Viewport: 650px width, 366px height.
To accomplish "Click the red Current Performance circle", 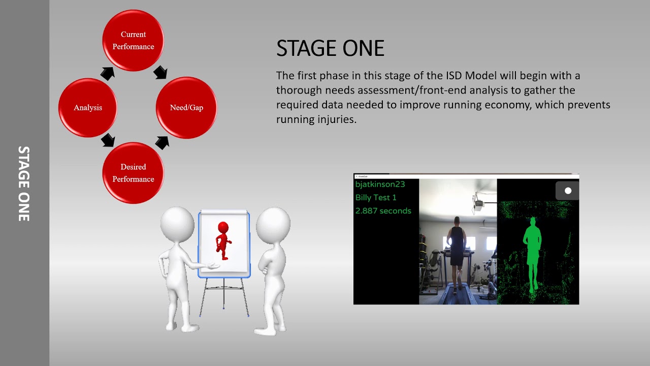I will point(133,41).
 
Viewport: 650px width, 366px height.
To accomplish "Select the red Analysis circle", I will point(88,107).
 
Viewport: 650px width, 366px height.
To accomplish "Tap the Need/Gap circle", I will point(186,107).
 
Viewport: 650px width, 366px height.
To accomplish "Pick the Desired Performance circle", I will point(133,173).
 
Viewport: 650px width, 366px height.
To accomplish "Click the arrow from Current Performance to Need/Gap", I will point(160,72).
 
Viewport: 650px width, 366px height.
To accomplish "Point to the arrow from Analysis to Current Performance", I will point(107,73).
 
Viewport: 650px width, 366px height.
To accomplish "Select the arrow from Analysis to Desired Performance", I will point(108,140).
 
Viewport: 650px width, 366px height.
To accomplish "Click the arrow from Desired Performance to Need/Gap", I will point(162,142).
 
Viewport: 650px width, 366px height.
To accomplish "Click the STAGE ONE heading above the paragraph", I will point(330,49).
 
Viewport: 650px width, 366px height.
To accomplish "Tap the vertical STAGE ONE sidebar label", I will point(24,184).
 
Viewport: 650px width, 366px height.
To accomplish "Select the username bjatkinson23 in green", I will point(380,184).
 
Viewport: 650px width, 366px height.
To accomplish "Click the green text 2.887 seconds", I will point(383,210).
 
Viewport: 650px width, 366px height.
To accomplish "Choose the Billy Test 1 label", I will point(376,197).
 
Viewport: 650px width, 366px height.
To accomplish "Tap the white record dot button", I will point(568,191).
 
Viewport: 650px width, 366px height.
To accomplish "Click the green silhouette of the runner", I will point(532,252).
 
